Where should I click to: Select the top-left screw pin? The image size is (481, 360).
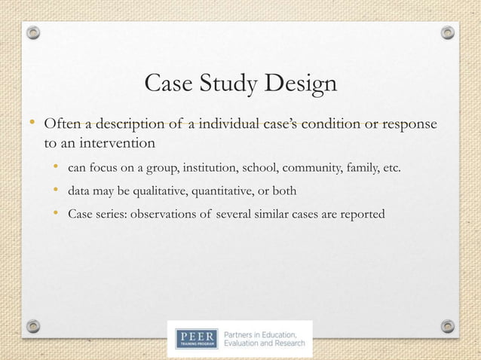pyautogui.click(x=32, y=32)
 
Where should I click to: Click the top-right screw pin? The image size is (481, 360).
pyautogui.click(x=448, y=32)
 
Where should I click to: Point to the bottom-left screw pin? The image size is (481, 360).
pyautogui.click(x=32, y=325)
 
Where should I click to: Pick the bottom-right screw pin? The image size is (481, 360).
pyautogui.click(x=448, y=325)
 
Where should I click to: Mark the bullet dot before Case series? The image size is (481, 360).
pyautogui.click(x=57, y=215)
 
